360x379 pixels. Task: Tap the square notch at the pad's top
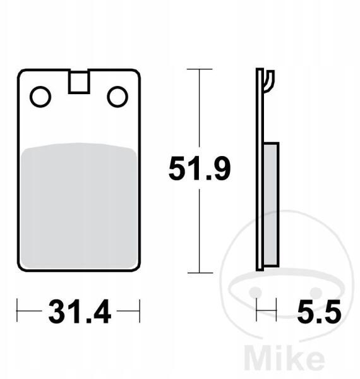79,82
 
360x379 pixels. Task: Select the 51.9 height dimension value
200,168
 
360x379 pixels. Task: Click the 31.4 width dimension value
80,311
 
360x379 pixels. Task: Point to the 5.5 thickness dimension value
319,311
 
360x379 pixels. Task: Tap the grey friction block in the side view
272,205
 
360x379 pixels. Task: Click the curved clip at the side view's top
270,81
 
